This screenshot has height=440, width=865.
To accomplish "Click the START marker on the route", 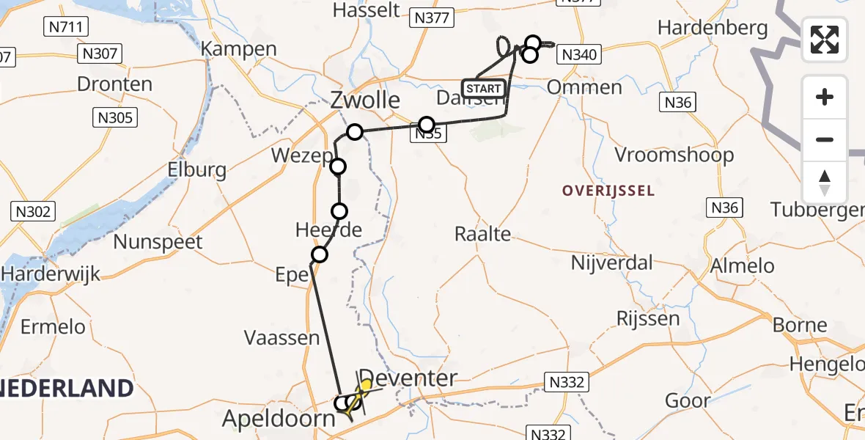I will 484,89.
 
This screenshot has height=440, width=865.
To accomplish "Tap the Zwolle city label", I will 365,100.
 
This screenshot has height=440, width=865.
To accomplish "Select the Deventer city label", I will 409,378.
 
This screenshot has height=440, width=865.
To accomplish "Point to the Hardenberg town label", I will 713,29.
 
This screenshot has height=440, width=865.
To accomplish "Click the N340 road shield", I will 579,54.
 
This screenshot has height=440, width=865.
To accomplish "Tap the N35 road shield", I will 429,134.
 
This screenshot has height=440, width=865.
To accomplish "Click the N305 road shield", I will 115,117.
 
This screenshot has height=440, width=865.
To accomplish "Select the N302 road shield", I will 33,212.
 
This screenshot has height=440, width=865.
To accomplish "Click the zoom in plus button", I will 825,97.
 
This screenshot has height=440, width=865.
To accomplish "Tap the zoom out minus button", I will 825,139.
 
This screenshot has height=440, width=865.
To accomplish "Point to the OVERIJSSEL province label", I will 608,191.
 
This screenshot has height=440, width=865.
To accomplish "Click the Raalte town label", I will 482,234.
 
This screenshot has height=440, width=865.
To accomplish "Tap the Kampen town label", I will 239,50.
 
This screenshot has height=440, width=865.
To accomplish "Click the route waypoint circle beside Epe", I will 320,254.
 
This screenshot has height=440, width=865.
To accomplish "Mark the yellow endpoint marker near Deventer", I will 366,385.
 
